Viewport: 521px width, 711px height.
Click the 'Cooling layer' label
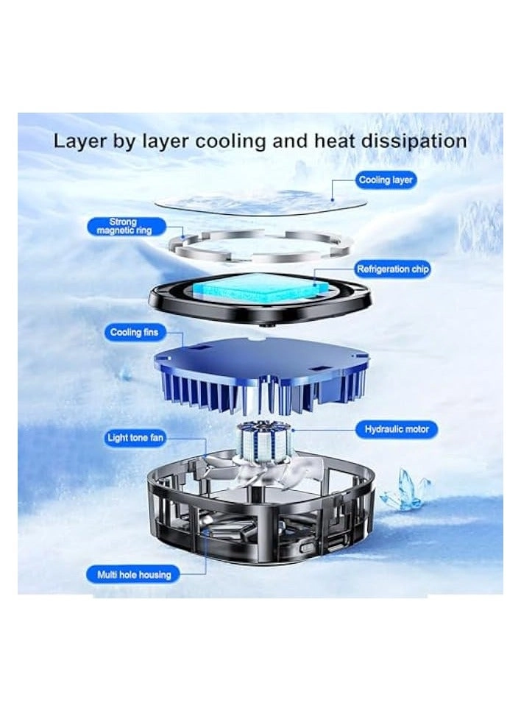(x=386, y=180)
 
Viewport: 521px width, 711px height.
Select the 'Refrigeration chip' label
(x=393, y=269)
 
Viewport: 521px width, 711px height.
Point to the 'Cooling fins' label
(x=134, y=333)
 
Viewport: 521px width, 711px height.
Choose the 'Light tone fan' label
(x=135, y=439)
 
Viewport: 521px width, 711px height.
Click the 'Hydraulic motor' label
(x=396, y=429)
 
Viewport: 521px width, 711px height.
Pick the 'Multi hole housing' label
(x=134, y=575)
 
